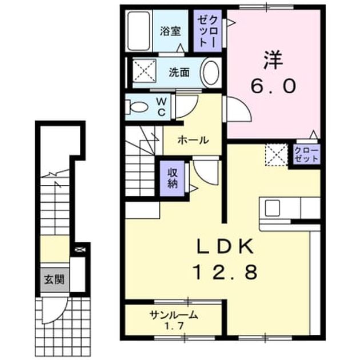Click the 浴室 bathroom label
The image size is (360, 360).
click(170, 31)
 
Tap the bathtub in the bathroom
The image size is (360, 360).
click(139, 31)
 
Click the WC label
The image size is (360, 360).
click(162, 107)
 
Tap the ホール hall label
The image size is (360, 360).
click(193, 140)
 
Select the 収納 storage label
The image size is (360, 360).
click(173, 178)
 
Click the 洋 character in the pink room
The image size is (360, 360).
click(273, 60)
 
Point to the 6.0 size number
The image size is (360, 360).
click(273, 86)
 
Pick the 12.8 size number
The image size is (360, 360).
click(226, 272)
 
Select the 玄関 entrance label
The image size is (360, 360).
click(54, 279)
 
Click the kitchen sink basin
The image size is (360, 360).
click(273, 208)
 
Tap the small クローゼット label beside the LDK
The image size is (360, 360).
click(306, 154)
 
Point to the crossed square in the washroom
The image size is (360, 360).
click(145, 70)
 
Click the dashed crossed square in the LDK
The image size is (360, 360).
click(277, 155)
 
